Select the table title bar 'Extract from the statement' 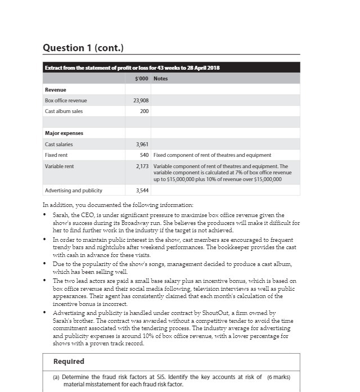[133, 68]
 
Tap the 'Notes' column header [160, 79]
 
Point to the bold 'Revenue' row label [56, 90]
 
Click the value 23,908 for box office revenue [141, 101]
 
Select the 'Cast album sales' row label [64, 111]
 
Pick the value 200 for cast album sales [144, 111]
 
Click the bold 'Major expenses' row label [64, 133]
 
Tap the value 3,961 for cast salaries [142, 145]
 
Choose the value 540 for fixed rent [144, 155]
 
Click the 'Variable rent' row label [59, 166]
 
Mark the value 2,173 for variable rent [142, 166]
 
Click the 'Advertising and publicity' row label [74, 191]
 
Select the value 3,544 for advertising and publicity [142, 191]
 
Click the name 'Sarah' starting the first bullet [60, 215]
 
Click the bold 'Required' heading [69, 362]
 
